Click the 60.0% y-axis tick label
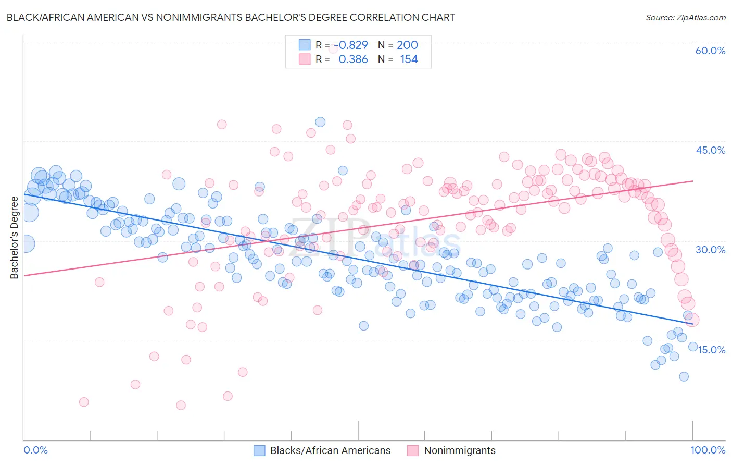click(710, 51)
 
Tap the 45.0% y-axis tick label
click(710, 150)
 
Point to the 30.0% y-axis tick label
click(710, 250)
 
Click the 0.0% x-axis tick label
click(35, 450)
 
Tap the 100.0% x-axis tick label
click(708, 450)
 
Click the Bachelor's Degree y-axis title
click(14, 238)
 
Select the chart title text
click(231, 17)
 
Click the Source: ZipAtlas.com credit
click(685, 17)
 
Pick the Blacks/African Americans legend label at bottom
click(330, 450)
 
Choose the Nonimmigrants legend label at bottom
click(460, 450)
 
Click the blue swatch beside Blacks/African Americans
click(259, 450)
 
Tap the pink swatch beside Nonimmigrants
click(413, 450)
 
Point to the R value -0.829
click(351, 45)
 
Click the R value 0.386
click(353, 59)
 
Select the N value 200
click(407, 45)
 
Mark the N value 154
click(409, 59)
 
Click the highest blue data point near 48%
click(320, 122)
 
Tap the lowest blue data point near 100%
click(684, 376)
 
